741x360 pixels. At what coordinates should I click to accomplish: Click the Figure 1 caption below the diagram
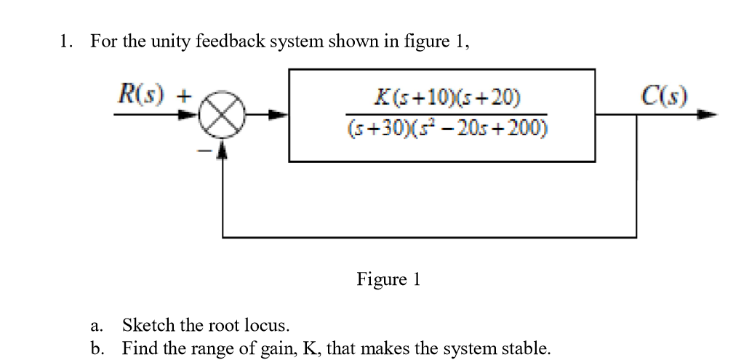[x=388, y=279]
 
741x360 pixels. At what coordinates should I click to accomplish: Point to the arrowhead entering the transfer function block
[x=281, y=115]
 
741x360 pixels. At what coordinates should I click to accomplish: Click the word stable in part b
[x=526, y=348]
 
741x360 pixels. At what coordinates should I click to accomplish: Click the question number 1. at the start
[x=66, y=41]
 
